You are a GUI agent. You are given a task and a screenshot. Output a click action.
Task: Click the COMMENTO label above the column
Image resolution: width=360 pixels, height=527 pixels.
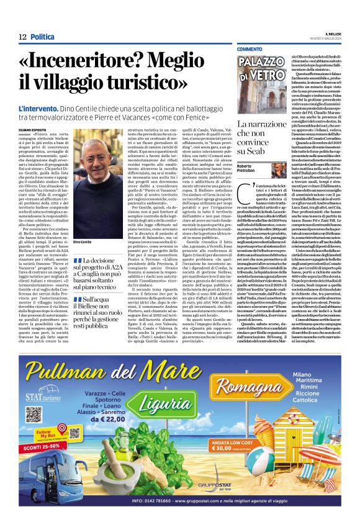[x=249, y=49]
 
